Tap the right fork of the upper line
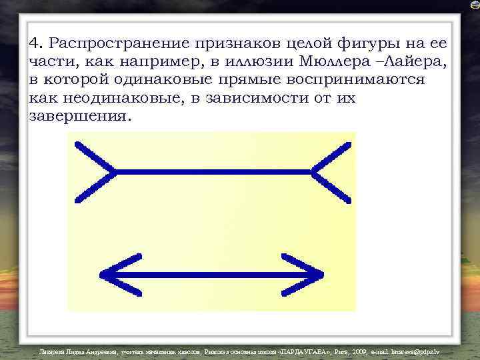click(x=330, y=171)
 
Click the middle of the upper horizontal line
click(x=213, y=171)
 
